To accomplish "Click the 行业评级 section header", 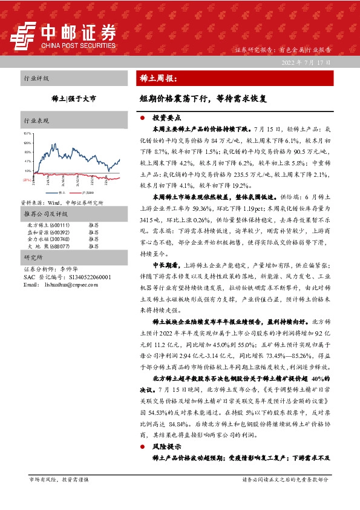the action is pyautogui.click(x=36, y=79).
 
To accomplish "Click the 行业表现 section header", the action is pyautogui.click(x=36, y=121).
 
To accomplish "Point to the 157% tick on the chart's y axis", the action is pyautogui.click(x=27, y=133).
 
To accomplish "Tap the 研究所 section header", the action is pyautogui.click(x=32, y=257).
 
